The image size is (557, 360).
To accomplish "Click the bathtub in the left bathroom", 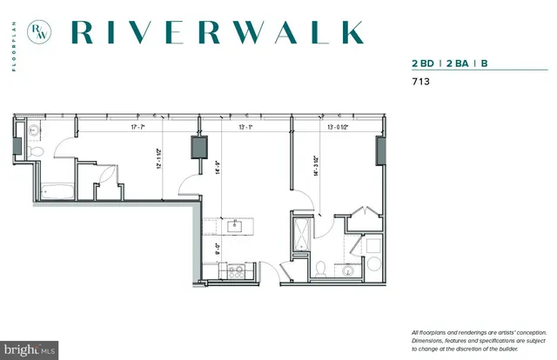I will click(x=57, y=190).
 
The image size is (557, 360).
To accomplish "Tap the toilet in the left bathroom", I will click(x=36, y=151).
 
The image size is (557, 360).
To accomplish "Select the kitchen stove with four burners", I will click(x=236, y=270).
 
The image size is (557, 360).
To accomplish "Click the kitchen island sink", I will click(x=234, y=226).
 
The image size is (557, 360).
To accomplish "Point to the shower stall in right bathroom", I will click(x=302, y=233).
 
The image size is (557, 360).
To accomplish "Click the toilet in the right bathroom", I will click(x=320, y=268).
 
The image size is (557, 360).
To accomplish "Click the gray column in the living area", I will click(x=199, y=149).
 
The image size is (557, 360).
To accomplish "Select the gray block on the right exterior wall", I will click(x=379, y=150).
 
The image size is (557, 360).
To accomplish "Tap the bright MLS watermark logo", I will click(x=30, y=350).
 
